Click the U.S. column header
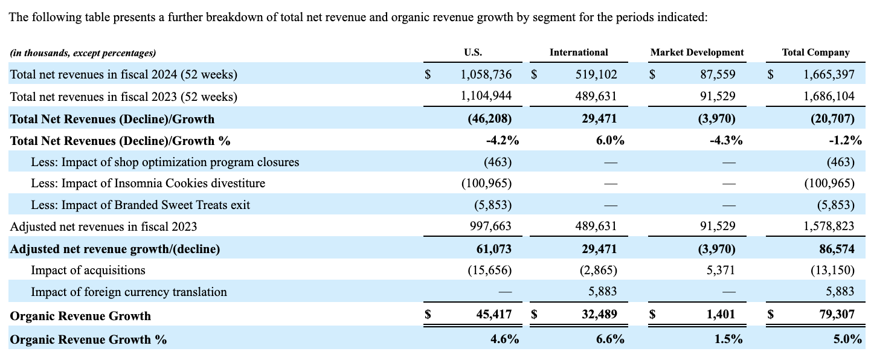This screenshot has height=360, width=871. [473, 53]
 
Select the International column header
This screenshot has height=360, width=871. [578, 53]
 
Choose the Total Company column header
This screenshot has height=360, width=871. [815, 53]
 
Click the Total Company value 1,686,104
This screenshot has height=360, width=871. [829, 97]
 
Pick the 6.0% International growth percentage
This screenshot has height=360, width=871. [609, 141]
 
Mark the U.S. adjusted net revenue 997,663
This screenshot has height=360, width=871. [490, 227]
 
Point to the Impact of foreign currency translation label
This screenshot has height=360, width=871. [129, 292]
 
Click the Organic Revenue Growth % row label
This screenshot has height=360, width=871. [88, 339]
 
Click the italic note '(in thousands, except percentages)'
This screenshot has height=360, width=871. [83, 53]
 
